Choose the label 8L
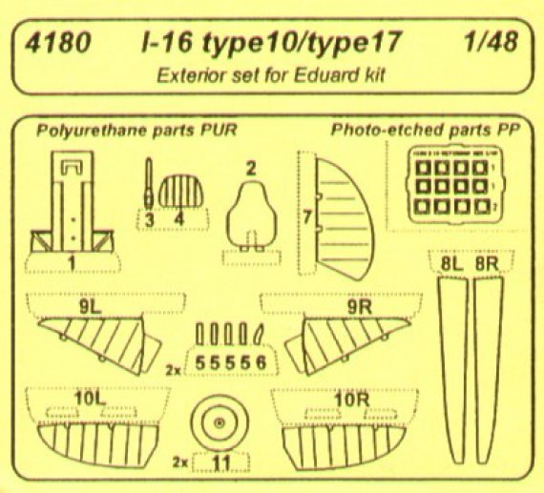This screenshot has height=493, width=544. click(x=451, y=261)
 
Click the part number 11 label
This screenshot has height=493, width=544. click(x=221, y=465)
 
